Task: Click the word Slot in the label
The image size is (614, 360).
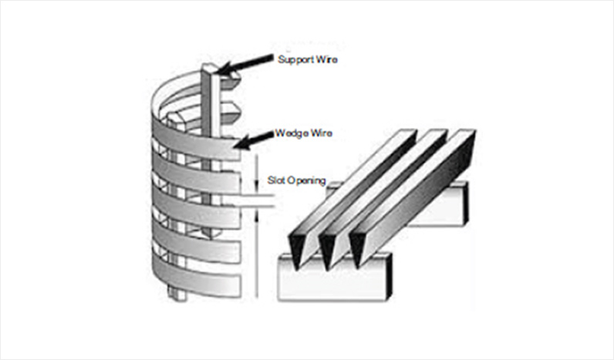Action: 275,181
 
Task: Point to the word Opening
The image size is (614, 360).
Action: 305,181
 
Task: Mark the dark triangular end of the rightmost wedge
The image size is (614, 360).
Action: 359,248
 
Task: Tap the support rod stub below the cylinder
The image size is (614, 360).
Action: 174,293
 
